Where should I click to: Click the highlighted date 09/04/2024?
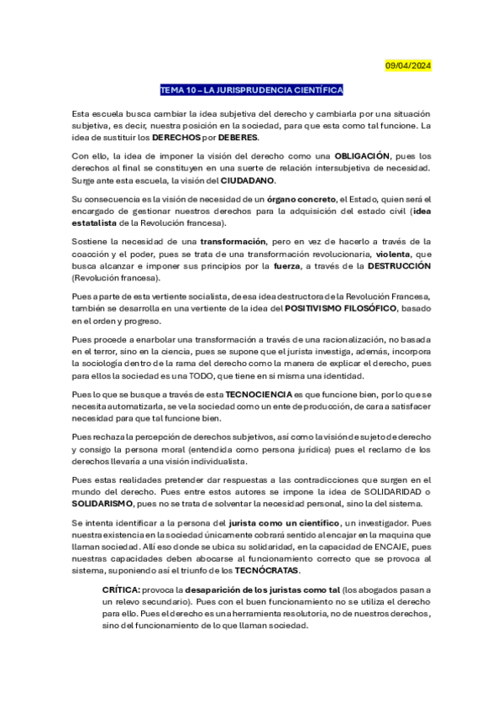tap(408, 65)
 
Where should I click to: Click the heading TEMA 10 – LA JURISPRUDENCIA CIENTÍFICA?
tap(252, 90)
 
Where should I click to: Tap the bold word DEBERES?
tap(239, 137)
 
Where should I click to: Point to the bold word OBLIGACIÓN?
tap(363, 156)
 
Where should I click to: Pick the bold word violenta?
tap(394, 253)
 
